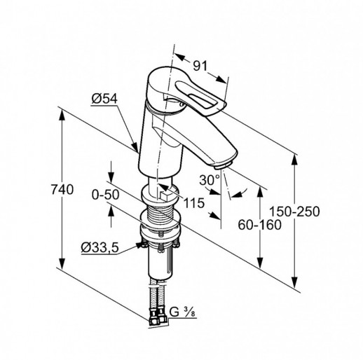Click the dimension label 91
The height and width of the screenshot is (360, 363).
[200, 66]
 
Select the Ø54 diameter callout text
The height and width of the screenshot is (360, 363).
[104, 99]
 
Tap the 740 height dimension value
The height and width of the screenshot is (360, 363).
[62, 189]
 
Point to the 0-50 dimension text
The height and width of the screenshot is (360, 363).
[105, 195]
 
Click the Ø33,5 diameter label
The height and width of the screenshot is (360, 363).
[100, 247]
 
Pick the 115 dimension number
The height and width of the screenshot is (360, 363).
[194, 202]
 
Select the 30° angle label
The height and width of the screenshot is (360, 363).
[210, 180]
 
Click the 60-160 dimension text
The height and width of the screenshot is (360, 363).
[259, 225]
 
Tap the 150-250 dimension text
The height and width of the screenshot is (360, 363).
[294, 212]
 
